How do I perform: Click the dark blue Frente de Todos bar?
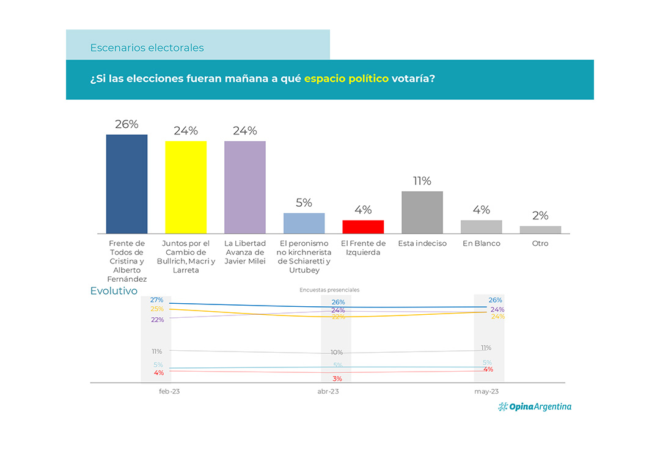pos(127,184)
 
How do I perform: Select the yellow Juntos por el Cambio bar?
pos(186,187)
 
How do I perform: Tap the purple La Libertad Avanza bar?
pos(244,187)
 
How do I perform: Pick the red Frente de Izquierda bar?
pos(363,227)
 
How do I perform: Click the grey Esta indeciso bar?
pos(422,212)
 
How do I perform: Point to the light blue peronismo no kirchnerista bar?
pos(304,223)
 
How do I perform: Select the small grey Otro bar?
pos(540,230)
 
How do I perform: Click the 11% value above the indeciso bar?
pos(422,181)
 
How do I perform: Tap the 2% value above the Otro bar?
pos(540,216)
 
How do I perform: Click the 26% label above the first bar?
pos(127,124)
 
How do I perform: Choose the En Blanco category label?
pos(481,243)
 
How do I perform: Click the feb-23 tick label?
pos(169,391)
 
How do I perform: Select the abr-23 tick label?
pos(328,391)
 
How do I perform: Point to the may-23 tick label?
pos(486,391)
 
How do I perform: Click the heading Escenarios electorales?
pos(147,48)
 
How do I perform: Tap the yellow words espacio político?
pos(346,79)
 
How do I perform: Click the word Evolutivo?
pos(114,291)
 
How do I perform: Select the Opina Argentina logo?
pos(535,406)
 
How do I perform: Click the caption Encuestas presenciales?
pos(329,290)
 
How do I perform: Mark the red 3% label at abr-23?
pos(337,379)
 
